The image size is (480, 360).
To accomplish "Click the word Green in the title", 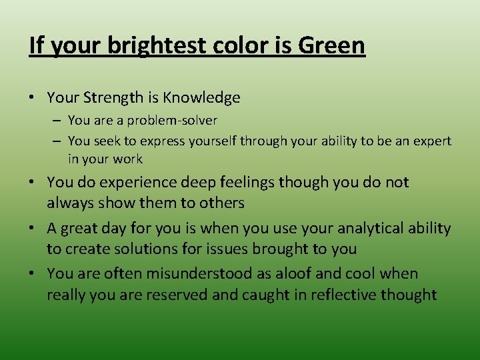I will (332, 46).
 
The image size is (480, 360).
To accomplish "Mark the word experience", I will (129, 183).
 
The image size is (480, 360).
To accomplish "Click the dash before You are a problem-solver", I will (58, 121).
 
